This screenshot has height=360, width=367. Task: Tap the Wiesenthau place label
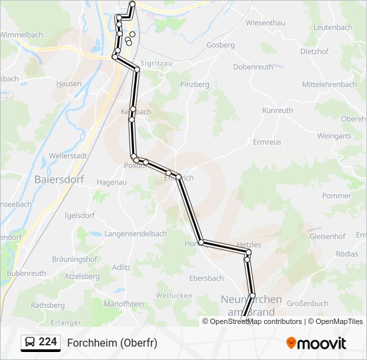click(265, 23)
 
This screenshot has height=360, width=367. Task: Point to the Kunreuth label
click(278, 110)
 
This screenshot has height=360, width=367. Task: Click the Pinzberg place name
click(195, 85)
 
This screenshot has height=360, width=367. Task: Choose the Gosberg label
click(221, 45)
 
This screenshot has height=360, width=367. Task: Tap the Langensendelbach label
click(135, 234)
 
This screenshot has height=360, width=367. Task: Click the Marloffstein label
click(124, 303)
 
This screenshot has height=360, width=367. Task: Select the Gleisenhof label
click(327, 236)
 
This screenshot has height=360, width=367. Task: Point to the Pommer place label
click(336, 196)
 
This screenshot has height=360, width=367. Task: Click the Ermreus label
click(267, 142)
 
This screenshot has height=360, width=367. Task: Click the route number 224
click(47, 342)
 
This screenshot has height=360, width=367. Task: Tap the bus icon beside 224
click(30, 343)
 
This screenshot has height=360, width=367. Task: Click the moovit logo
click(316, 343)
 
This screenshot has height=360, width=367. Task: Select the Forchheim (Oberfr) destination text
click(112, 343)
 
